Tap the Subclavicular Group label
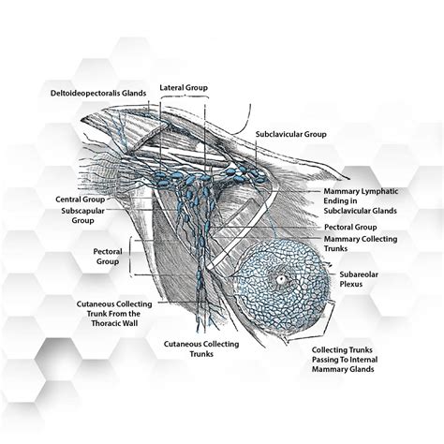[291, 135]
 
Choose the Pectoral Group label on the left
[109, 257]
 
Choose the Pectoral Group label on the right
[349, 227]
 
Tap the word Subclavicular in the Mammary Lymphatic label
[354, 211]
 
